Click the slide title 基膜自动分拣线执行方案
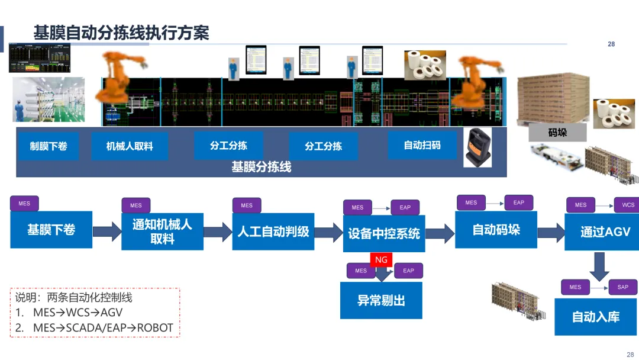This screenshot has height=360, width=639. [121, 33]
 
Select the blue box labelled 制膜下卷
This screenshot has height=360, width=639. [49, 146]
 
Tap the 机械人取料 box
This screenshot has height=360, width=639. [130, 146]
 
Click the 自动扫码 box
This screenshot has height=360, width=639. [422, 145]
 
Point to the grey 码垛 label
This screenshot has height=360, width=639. [557, 132]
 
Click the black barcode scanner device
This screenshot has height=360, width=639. [477, 147]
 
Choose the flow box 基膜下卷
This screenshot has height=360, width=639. [51, 230]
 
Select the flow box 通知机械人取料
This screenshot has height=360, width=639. [162, 232]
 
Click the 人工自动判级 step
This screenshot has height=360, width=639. [273, 232]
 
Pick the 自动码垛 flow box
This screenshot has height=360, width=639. [496, 229]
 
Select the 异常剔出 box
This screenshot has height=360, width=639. [381, 300]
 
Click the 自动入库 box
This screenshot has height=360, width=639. [595, 317]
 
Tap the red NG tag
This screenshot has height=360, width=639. [381, 260]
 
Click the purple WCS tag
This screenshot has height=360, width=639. [628, 205]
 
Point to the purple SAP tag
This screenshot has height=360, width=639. [623, 287]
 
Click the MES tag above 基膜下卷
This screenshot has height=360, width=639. [24, 204]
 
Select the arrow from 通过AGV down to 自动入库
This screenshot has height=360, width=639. [599, 266]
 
